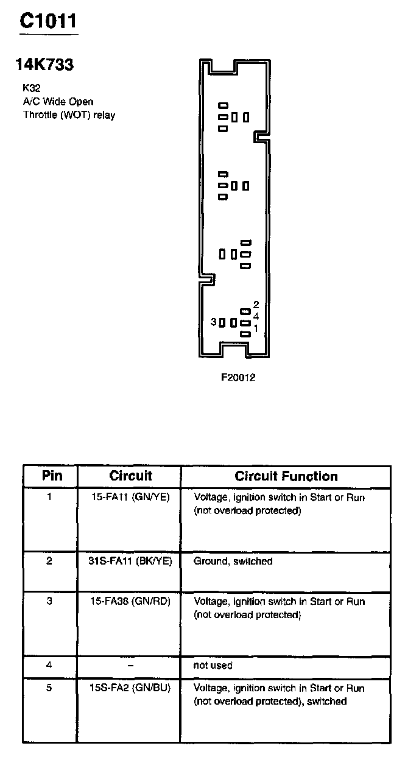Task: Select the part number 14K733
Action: click(44, 65)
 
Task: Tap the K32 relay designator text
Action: click(32, 88)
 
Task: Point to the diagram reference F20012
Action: click(238, 377)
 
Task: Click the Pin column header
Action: click(52, 476)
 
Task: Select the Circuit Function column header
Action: click(286, 476)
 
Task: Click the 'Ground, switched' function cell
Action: click(233, 561)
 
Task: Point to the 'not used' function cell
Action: click(213, 665)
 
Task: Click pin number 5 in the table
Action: click(49, 688)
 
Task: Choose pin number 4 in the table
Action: click(49, 665)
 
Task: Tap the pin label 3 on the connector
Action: click(213, 322)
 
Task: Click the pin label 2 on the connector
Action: click(256, 305)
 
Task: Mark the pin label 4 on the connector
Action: click(256, 316)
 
